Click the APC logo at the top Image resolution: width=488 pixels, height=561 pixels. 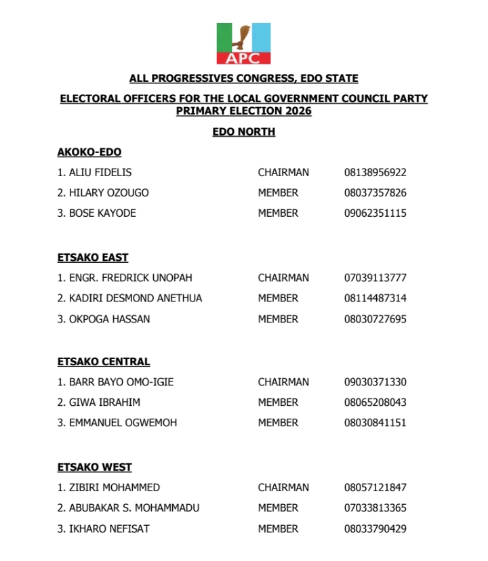(x=243, y=43)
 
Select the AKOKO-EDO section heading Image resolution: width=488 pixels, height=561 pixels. (x=89, y=152)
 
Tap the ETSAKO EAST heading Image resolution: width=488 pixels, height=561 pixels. (x=93, y=257)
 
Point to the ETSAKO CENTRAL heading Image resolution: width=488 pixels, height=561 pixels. (x=104, y=362)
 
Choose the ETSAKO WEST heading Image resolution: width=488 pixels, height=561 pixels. (x=94, y=467)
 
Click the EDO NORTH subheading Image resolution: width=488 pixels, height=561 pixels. (x=243, y=132)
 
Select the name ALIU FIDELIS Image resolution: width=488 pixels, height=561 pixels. (x=100, y=173)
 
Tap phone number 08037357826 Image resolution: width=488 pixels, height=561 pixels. (x=375, y=193)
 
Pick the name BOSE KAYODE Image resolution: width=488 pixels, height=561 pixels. (x=102, y=213)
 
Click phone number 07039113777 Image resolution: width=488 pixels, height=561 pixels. (x=375, y=278)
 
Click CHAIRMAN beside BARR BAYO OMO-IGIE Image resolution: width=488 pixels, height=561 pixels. (x=283, y=382)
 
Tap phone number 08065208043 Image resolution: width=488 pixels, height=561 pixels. (x=375, y=402)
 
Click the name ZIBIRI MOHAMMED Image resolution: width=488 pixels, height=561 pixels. (x=115, y=487)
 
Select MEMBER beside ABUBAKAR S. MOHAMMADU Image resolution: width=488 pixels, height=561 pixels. (x=278, y=507)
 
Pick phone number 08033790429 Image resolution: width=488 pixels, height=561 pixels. (x=375, y=528)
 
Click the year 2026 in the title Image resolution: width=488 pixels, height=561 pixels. (x=297, y=111)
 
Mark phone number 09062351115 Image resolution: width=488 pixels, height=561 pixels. (x=375, y=213)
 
